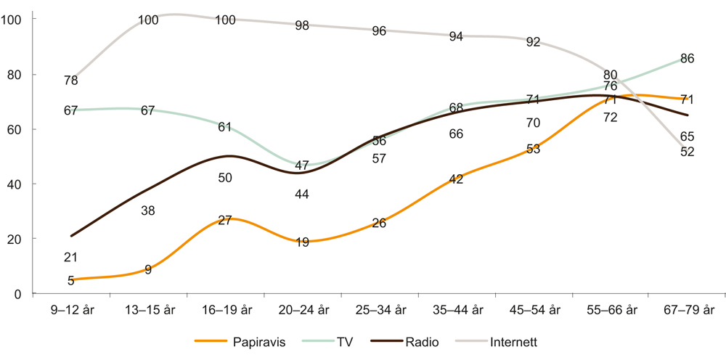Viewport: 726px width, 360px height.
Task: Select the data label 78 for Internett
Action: (x=71, y=80)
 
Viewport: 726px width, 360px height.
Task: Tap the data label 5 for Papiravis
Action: (x=71, y=281)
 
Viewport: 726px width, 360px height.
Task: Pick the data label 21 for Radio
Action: (x=71, y=257)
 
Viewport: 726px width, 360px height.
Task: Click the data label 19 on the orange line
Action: (x=303, y=242)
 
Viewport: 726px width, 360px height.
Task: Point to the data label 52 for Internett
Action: (x=687, y=151)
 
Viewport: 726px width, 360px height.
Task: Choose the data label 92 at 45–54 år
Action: (x=533, y=42)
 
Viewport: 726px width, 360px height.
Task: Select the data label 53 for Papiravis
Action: (x=533, y=149)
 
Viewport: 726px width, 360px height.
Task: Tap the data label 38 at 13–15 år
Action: (x=148, y=210)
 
